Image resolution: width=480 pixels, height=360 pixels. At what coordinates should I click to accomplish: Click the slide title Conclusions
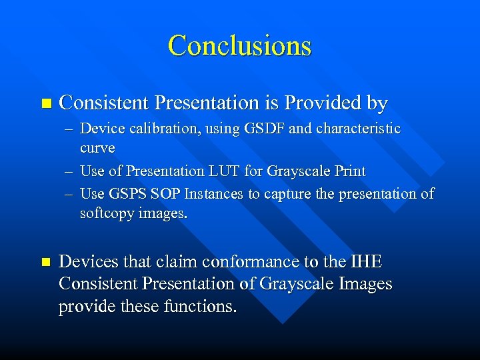pos(240,45)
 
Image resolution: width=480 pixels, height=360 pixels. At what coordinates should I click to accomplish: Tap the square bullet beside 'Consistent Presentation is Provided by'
pos(45,103)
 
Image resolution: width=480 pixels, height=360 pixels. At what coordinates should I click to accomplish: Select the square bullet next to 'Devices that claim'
pos(45,263)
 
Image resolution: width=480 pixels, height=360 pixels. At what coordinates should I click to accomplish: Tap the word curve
pos(97,147)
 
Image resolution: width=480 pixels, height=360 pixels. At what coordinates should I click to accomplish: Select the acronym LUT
pos(225,171)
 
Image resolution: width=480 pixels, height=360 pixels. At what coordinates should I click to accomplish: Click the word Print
pos(350,171)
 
